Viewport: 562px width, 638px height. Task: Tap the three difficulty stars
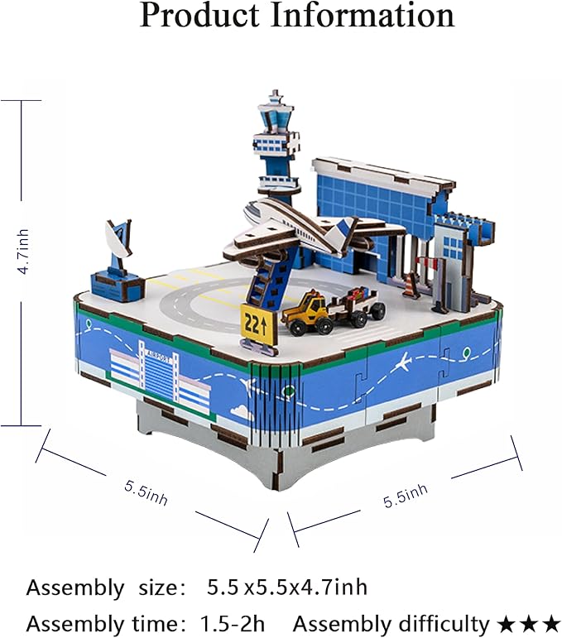[x=529, y=623]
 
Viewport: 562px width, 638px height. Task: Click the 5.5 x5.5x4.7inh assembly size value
[x=286, y=588]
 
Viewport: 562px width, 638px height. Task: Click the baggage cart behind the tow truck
[x=359, y=304]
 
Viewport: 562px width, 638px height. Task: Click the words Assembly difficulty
[x=391, y=622]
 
